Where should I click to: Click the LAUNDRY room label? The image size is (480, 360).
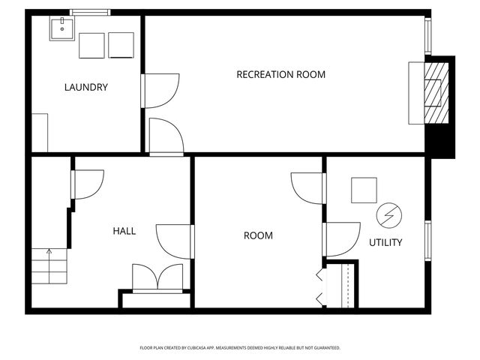point(85,87)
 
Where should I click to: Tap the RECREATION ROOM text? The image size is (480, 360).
point(280,74)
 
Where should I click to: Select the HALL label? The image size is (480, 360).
point(124,231)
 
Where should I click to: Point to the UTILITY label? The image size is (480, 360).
point(385,242)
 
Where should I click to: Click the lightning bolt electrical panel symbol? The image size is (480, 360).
point(388,215)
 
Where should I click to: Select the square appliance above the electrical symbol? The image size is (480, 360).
point(364,190)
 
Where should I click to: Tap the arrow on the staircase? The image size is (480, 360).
point(49,253)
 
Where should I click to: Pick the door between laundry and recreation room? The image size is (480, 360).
point(161,89)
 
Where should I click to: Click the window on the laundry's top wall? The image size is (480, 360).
point(90,12)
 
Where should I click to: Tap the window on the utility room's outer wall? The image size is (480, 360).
point(427,241)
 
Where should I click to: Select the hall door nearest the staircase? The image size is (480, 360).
point(87,184)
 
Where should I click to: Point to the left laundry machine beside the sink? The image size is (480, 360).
point(91,45)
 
